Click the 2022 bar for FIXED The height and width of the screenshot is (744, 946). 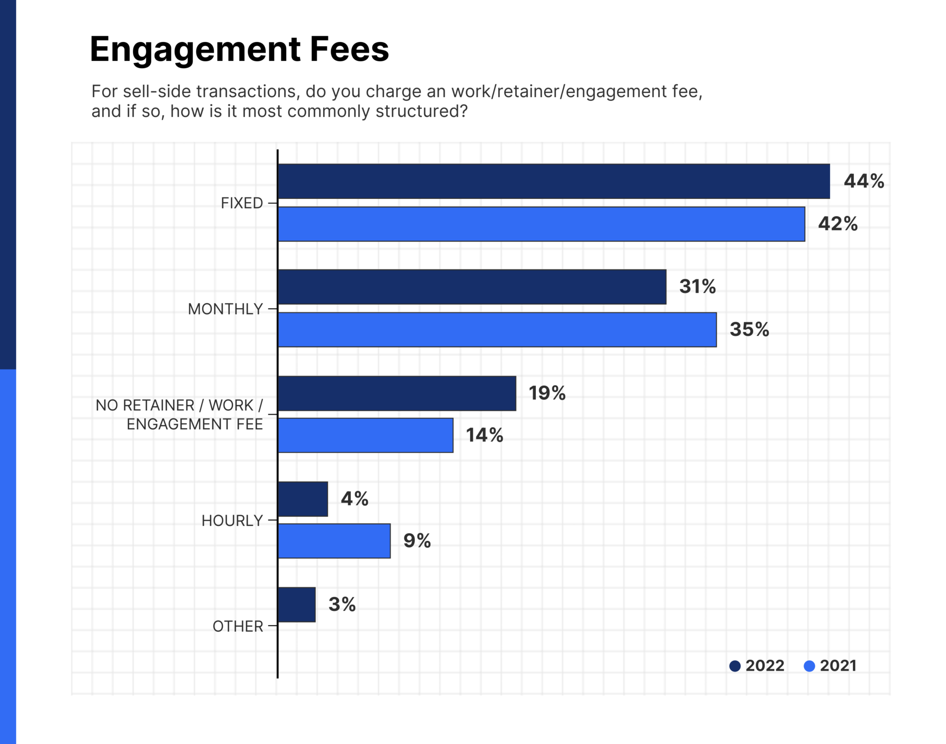tap(553, 181)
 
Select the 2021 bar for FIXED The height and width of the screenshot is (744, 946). tap(541, 224)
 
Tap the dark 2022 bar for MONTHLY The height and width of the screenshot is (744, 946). tap(472, 287)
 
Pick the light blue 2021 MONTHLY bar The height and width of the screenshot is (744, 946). tap(497, 329)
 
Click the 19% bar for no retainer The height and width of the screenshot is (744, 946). tap(396, 393)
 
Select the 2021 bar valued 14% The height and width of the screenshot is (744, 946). tap(365, 435)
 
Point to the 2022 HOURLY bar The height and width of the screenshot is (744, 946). tap(303, 499)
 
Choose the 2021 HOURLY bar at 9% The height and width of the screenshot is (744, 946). tap(334, 540)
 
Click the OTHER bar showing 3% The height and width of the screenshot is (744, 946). tap(297, 604)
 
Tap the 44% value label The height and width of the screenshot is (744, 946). tap(864, 181)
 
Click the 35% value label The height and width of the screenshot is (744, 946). tap(749, 329)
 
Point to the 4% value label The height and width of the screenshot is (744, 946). tap(354, 498)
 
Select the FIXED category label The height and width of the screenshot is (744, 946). tap(242, 203)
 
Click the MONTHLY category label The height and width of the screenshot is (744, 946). tap(225, 309)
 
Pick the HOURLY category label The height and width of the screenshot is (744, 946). tap(232, 521)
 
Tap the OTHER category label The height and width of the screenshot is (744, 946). tap(237, 626)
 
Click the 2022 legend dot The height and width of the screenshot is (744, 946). tap(735, 666)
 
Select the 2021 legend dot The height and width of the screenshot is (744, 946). tap(809, 666)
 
